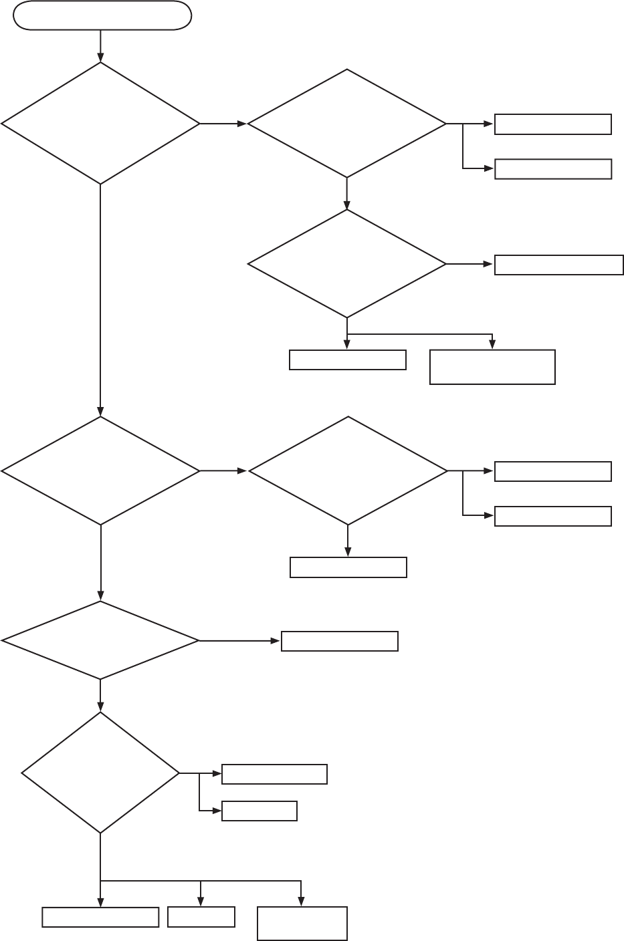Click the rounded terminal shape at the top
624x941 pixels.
click(x=102, y=16)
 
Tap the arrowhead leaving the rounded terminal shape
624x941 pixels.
click(x=100, y=57)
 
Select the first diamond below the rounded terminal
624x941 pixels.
click(x=100, y=124)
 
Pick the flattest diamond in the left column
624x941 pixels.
click(x=100, y=641)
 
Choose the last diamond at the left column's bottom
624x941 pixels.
click(x=100, y=773)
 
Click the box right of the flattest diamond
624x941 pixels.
click(x=340, y=641)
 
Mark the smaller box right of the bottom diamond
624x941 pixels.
click(x=259, y=811)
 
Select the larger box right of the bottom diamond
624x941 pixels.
click(x=274, y=774)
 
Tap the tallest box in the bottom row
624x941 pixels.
click(x=302, y=924)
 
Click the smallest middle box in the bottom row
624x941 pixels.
click(x=201, y=917)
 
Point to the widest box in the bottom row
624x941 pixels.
click(x=100, y=917)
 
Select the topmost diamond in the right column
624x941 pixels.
click(x=347, y=124)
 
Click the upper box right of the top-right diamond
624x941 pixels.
click(x=553, y=124)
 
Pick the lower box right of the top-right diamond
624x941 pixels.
click(x=553, y=169)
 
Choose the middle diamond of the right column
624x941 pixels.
click(x=347, y=264)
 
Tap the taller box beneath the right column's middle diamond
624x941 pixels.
click(x=492, y=367)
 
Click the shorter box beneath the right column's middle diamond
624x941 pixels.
click(x=348, y=360)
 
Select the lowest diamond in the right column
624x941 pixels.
click(x=348, y=471)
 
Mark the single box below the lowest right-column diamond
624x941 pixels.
click(x=348, y=567)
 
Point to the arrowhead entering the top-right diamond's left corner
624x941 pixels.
click(x=243, y=124)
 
